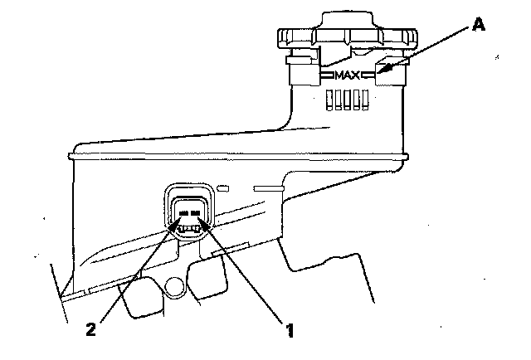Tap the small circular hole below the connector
coord(174,287)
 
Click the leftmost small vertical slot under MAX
coord(329,100)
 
